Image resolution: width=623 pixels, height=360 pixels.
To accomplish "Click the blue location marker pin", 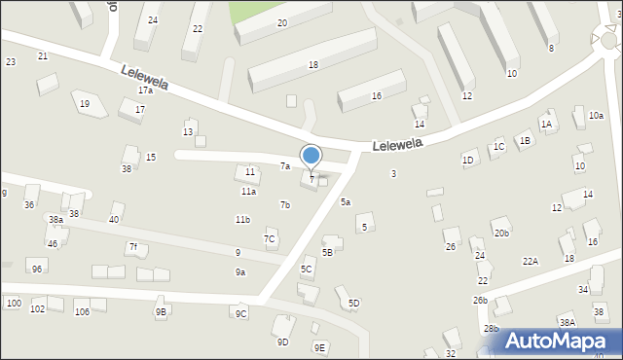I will point(311,157).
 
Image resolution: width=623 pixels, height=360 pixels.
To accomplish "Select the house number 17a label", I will point(145,90).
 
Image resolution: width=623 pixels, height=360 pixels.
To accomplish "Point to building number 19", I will point(85,104).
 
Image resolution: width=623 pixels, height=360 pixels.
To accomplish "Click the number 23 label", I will point(11,62).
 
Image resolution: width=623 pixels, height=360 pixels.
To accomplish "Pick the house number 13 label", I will point(188,131).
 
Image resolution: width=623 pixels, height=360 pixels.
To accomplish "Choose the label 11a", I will point(248,192).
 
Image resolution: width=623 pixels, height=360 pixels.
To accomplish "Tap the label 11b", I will point(242,220).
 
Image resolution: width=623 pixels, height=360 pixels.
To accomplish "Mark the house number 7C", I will point(270,239).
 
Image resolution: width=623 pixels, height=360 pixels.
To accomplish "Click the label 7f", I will point(132,247).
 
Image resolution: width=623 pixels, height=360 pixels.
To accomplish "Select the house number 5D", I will point(353,304).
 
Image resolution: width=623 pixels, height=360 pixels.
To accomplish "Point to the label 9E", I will point(319,347).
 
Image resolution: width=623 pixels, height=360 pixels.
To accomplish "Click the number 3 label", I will point(393,174).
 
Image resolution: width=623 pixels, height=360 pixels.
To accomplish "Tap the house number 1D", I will point(468,160).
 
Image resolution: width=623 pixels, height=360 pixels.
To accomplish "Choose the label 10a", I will point(595,116).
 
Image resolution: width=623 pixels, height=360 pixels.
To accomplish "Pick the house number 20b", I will point(500,234).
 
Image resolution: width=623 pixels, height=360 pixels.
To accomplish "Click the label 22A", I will point(530,261).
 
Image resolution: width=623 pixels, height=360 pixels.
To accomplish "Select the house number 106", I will point(82,311).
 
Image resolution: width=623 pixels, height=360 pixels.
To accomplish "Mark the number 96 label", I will point(37,269).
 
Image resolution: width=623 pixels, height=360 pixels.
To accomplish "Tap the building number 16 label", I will point(376,96).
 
